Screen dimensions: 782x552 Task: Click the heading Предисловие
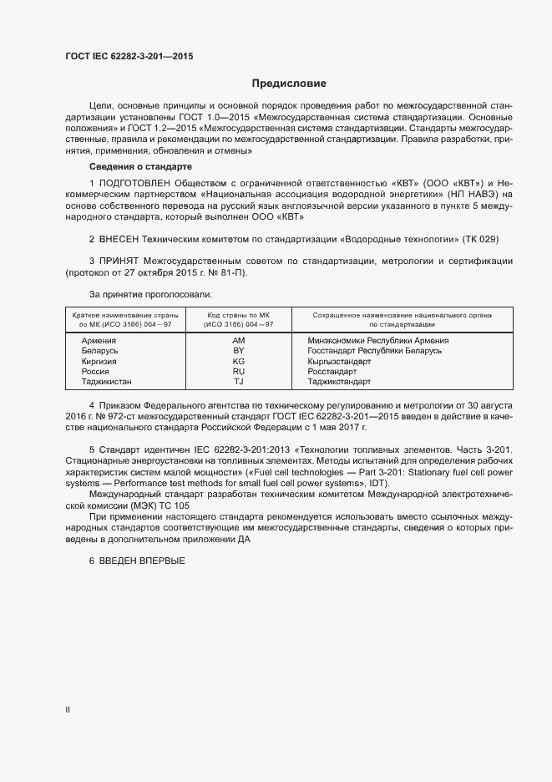click(x=289, y=84)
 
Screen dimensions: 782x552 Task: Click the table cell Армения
click(x=99, y=341)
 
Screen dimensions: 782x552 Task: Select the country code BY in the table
click(x=238, y=351)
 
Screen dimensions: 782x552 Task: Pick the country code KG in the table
click(x=238, y=361)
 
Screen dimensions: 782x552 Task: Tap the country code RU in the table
click(x=238, y=371)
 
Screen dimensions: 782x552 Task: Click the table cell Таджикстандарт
click(x=338, y=381)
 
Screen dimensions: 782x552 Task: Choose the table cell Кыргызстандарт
click(x=339, y=361)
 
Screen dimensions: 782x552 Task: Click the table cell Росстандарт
click(x=332, y=371)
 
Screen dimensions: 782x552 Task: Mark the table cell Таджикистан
click(x=106, y=381)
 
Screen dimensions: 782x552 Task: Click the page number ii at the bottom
click(x=68, y=709)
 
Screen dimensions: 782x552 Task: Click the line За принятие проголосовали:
click(x=150, y=294)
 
